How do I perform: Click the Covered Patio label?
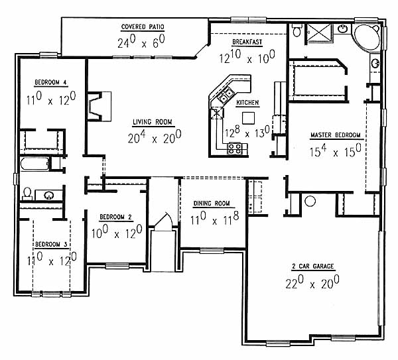(x=143, y=27)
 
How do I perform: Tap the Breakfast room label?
(x=247, y=42)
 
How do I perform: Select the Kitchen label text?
(x=247, y=103)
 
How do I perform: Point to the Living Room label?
(x=153, y=122)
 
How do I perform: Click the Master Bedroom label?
(x=335, y=135)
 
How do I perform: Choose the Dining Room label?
(x=212, y=204)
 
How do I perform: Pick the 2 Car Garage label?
(x=312, y=266)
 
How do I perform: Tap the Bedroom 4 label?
(x=50, y=82)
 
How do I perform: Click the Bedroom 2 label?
(x=115, y=217)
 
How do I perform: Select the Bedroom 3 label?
(x=51, y=245)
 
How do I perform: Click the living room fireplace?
(x=99, y=106)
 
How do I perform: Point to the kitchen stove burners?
(x=234, y=149)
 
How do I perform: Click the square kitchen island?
(x=248, y=118)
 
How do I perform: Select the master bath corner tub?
(x=367, y=37)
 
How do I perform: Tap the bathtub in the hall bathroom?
(x=34, y=164)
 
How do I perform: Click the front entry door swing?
(x=165, y=221)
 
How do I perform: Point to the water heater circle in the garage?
(x=310, y=201)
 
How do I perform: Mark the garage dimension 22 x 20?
(x=312, y=282)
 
